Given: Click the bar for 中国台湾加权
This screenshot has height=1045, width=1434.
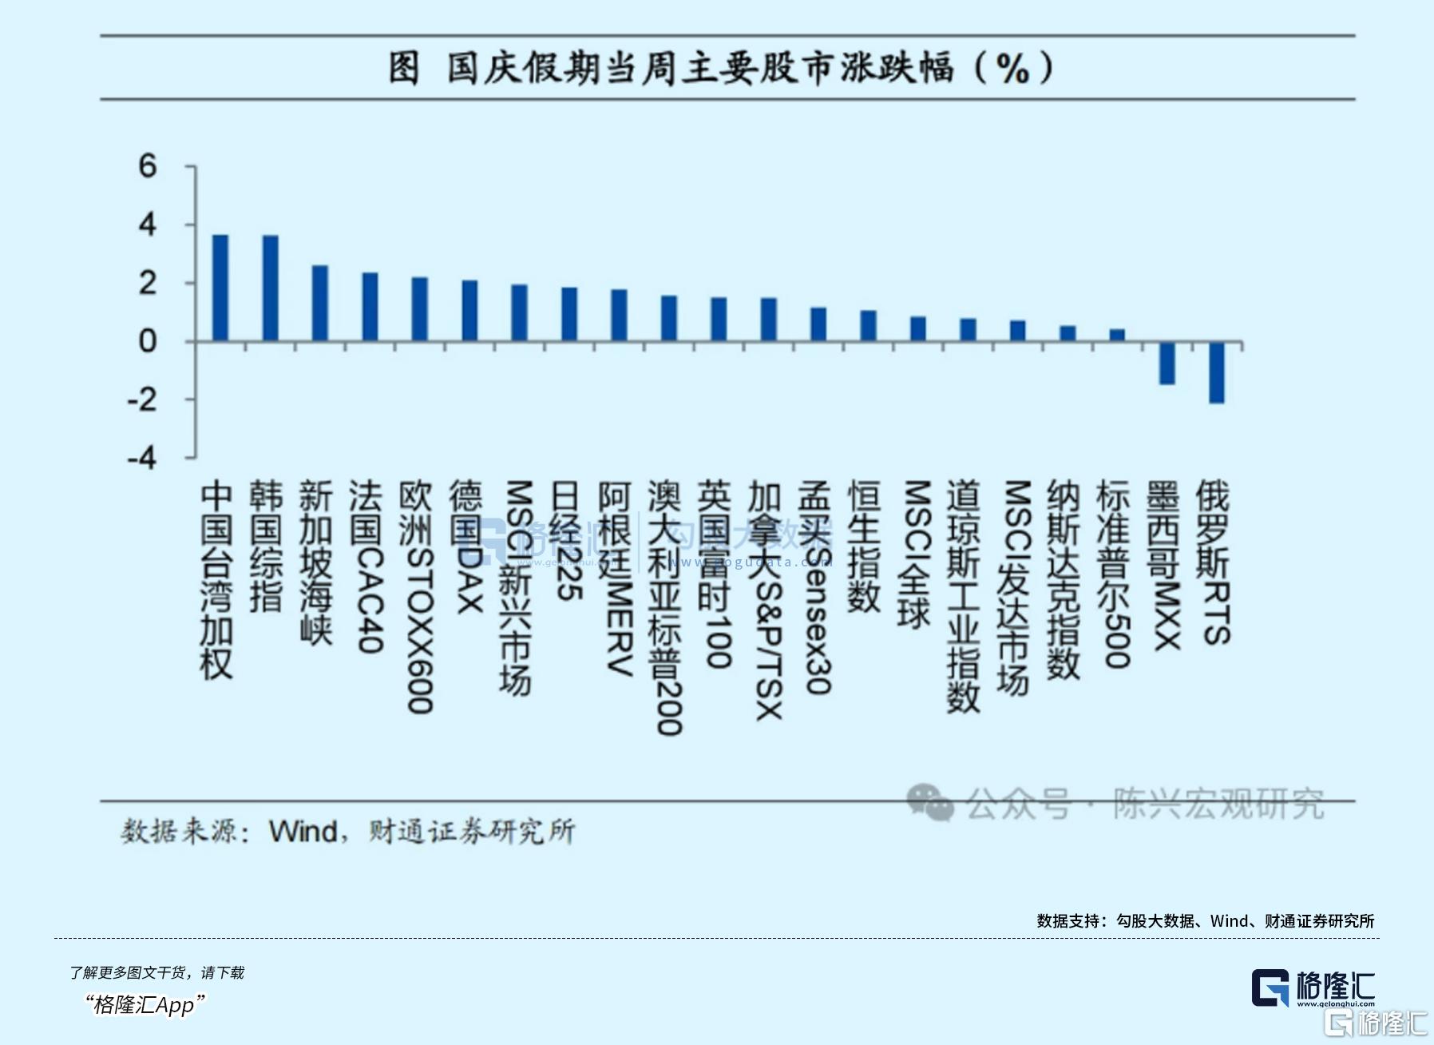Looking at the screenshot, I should (x=220, y=288).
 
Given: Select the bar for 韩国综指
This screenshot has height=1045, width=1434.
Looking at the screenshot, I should (x=270, y=288).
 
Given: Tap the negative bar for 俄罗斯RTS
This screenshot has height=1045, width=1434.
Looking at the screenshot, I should (x=1216, y=372).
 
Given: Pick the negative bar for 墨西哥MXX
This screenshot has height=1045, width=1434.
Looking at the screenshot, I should (x=1167, y=364).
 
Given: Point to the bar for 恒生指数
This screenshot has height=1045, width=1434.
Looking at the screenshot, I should (x=868, y=326).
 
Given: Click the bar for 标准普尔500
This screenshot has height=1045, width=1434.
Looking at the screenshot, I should (x=1117, y=336).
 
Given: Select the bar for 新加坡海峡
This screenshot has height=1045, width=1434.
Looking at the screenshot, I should (x=319, y=304).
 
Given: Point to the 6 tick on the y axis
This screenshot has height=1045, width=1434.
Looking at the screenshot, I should (x=148, y=166).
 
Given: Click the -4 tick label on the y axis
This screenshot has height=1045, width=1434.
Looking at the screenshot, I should (x=142, y=459).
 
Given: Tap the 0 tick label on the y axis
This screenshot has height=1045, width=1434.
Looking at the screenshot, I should (x=148, y=342).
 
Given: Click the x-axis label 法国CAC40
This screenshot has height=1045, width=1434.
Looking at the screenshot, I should (x=367, y=567).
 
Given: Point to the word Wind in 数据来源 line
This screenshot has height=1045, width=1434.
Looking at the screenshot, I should (x=303, y=832).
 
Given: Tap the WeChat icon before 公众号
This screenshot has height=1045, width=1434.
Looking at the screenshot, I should (x=929, y=802).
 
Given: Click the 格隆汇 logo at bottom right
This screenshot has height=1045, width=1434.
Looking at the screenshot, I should (x=1313, y=988).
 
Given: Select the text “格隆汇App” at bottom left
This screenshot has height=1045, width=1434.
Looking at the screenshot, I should (x=145, y=1004).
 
